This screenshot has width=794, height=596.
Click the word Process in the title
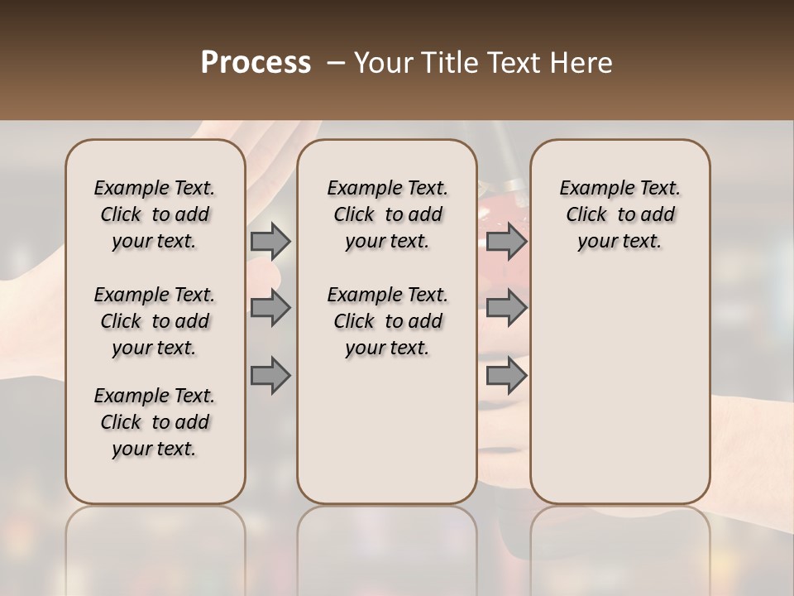click(256, 62)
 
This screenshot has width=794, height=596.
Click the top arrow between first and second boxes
click(270, 241)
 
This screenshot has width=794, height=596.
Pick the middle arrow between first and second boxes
click(270, 308)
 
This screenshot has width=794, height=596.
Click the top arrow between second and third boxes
click(506, 241)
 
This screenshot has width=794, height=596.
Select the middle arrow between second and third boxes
click(506, 308)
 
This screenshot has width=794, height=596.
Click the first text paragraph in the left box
click(155, 214)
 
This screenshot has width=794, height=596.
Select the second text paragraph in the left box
click(155, 321)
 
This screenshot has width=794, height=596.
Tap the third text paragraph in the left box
click(155, 422)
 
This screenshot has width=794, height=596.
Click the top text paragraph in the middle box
click(387, 214)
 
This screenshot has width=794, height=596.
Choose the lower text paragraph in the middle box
click(387, 321)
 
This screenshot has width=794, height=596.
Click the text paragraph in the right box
click(619, 214)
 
